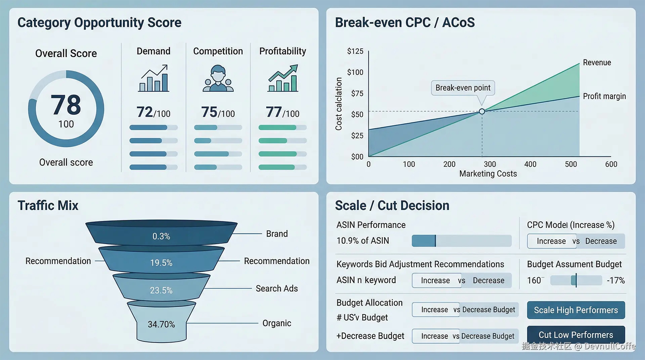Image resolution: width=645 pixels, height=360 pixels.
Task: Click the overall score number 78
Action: click(66, 105)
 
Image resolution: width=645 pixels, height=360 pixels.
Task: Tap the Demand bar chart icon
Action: click(154, 79)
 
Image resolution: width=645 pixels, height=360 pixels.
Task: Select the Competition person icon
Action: click(218, 79)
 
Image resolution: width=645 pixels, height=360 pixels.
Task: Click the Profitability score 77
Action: click(274, 112)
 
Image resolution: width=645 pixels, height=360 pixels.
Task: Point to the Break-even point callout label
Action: click(463, 88)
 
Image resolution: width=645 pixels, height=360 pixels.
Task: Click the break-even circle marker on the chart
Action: click(482, 111)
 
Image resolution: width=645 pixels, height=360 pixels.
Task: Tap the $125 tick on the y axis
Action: click(355, 51)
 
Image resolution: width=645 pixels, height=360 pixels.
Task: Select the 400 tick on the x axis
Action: click(530, 164)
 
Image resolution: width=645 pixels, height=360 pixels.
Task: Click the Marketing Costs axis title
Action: click(488, 174)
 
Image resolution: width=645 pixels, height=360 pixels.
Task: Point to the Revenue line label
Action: click(597, 62)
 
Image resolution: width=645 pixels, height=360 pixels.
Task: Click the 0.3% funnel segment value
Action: click(161, 236)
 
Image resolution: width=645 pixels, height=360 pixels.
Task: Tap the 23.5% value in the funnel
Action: click(161, 290)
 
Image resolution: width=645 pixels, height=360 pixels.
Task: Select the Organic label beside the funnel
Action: click(276, 323)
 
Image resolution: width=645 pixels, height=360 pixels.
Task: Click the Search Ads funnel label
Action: click(276, 288)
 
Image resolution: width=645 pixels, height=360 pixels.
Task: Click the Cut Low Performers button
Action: click(576, 335)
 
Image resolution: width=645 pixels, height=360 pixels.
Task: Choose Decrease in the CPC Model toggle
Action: click(601, 241)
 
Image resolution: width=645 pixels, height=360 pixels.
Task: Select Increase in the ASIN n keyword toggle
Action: click(435, 280)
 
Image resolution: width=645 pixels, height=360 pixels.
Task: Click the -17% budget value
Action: click(615, 280)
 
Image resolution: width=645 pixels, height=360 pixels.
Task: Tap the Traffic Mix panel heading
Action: click(48, 206)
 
